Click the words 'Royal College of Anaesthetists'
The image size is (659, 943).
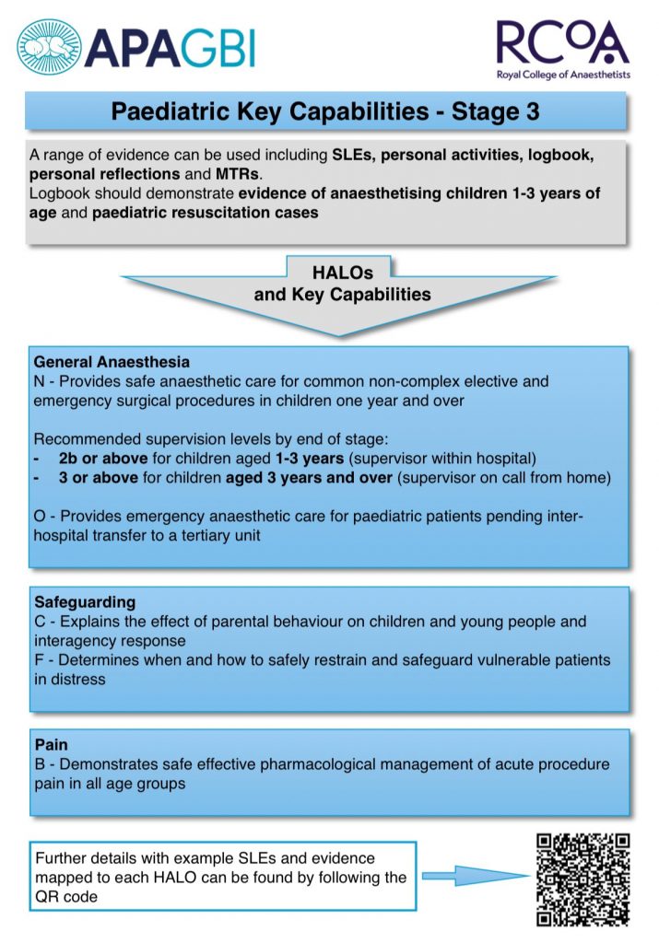point(563,76)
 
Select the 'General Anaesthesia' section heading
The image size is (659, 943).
point(112,362)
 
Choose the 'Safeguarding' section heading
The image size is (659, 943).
point(83,602)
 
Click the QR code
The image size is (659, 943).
point(583,878)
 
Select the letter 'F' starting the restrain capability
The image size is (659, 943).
point(40,661)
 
